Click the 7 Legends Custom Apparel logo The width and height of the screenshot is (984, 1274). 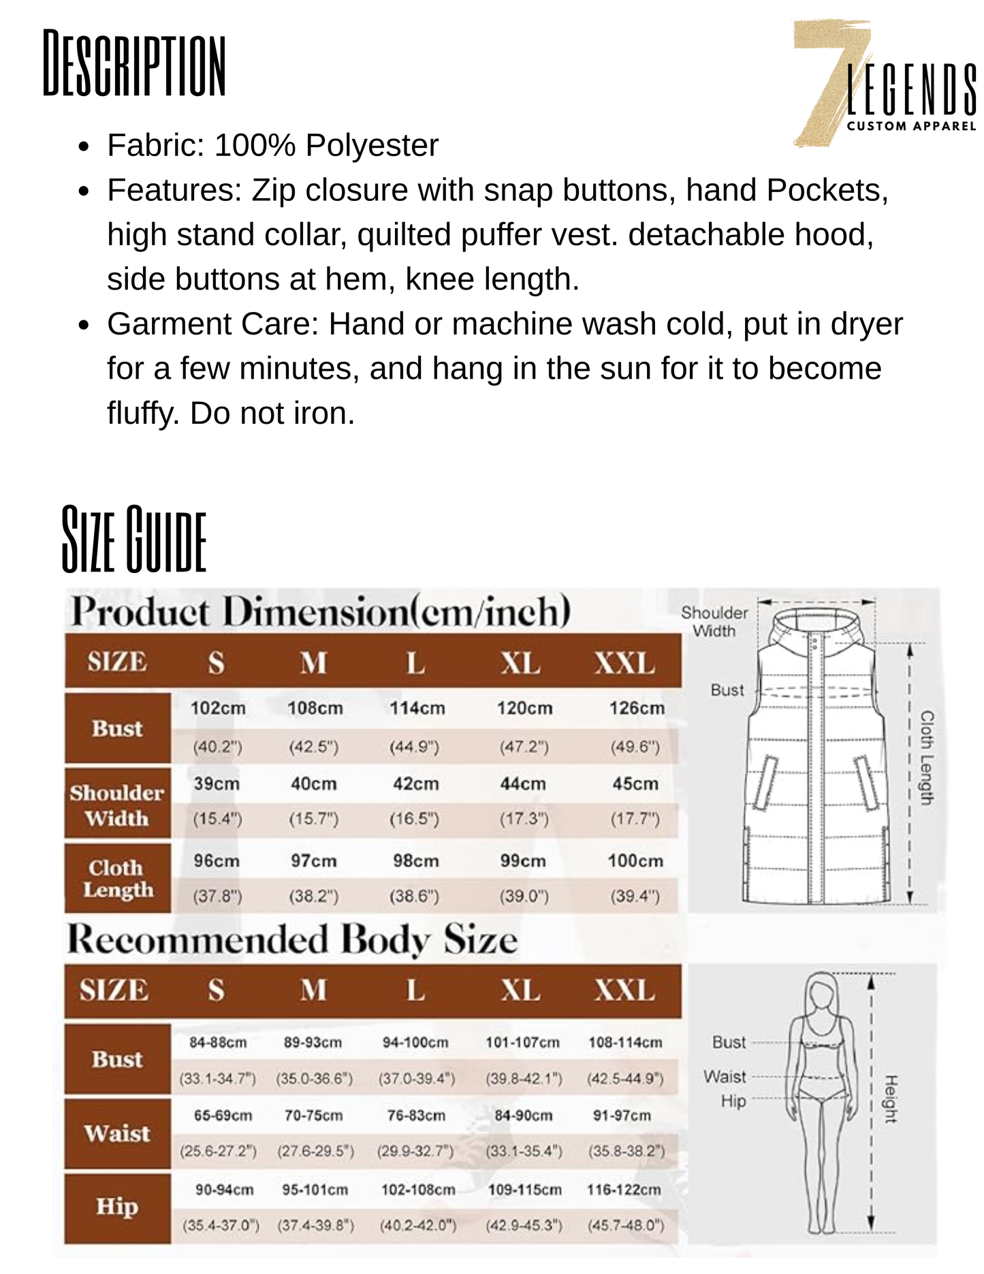(885, 84)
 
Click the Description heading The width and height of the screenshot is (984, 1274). (134, 63)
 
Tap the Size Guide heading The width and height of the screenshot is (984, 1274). (134, 539)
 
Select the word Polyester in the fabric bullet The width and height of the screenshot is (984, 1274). (372, 145)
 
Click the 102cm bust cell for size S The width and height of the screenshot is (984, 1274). (218, 709)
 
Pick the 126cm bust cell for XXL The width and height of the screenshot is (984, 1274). (637, 709)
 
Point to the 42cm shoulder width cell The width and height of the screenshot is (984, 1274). (415, 784)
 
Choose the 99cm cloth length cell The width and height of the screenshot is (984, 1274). (523, 861)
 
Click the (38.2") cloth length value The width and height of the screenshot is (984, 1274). (314, 897)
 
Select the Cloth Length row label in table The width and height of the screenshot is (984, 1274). (117, 879)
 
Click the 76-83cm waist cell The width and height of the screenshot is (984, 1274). (416, 1116)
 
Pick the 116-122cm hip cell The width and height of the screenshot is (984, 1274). (624, 1190)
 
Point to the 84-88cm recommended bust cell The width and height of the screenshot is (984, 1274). (218, 1043)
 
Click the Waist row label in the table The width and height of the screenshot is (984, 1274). (117, 1134)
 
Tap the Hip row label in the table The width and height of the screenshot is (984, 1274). (117, 1207)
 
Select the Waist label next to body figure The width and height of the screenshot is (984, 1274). (725, 1077)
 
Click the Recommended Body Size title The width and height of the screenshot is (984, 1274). (292, 940)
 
